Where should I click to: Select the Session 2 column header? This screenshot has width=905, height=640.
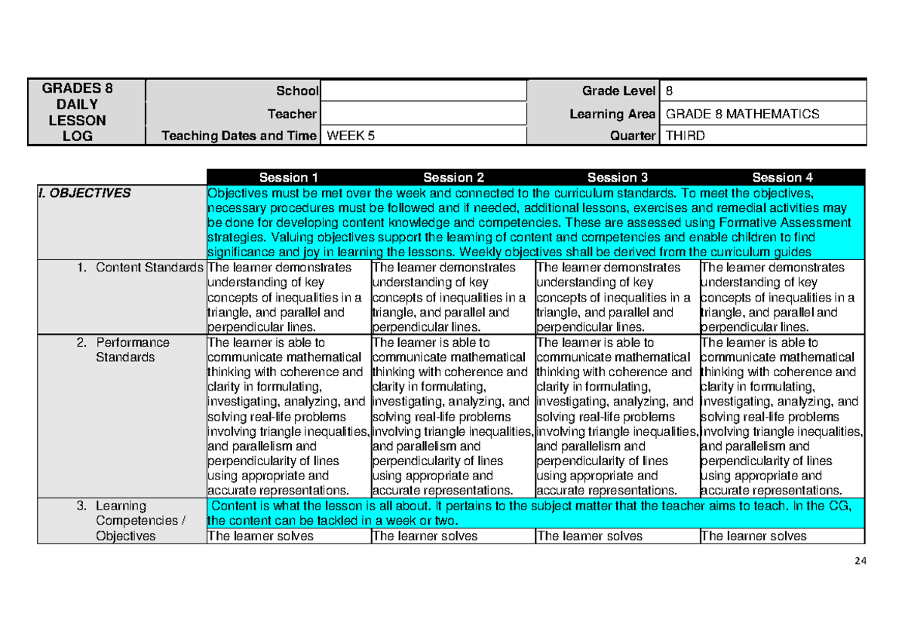(x=453, y=178)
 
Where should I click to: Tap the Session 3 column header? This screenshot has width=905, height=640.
(x=618, y=178)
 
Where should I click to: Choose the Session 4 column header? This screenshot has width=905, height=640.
(x=782, y=178)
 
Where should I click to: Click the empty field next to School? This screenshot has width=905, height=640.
(x=424, y=91)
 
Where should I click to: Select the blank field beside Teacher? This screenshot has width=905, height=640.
(x=424, y=114)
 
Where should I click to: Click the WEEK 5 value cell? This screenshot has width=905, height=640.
(x=424, y=136)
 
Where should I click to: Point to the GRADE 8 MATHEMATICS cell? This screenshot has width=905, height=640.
(x=762, y=114)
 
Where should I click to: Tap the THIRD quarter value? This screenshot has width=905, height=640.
(x=762, y=136)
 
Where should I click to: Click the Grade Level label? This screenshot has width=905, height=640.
(x=618, y=91)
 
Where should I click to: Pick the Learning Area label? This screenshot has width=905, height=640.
(x=612, y=114)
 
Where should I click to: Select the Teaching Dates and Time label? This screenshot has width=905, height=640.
(x=240, y=136)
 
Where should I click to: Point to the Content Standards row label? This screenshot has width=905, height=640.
(x=149, y=268)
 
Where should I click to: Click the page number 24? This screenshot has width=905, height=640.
(x=861, y=560)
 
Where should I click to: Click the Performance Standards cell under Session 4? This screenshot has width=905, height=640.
(x=782, y=416)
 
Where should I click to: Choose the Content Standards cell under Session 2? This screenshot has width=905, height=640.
(x=453, y=297)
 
